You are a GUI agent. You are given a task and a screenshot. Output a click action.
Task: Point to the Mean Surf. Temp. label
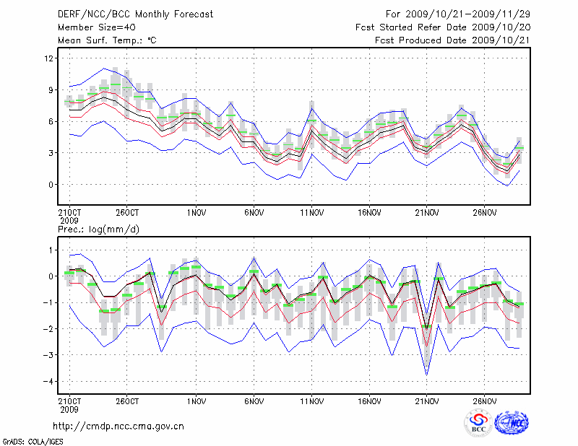pos(106,40)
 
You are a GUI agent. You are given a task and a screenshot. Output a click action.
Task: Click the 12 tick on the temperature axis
pos(50,58)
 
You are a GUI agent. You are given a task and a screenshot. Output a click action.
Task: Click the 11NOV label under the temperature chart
pos(311,213)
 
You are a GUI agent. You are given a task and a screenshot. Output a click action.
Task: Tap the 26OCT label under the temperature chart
pos(126,213)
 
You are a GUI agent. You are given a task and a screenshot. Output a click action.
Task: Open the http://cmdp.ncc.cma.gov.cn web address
pos(118,427)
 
